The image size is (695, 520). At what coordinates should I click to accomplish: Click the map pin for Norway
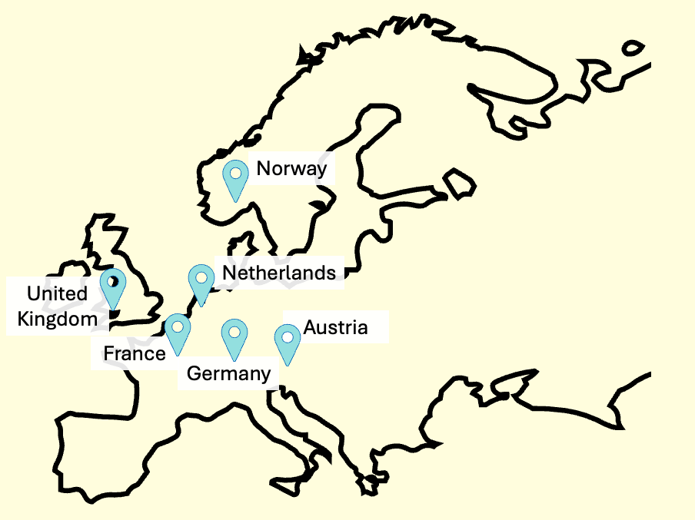tap(235, 176)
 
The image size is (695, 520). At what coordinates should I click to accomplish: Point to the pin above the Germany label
tap(234, 336)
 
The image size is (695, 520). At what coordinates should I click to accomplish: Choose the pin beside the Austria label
tap(288, 339)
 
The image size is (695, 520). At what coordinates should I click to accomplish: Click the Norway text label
tap(291, 169)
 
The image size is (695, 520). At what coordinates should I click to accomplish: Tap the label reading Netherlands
tap(278, 273)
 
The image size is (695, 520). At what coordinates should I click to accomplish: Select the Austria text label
tap(335, 328)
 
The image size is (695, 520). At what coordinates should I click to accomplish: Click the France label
tap(135, 353)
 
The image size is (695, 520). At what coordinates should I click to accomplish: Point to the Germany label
tap(229, 374)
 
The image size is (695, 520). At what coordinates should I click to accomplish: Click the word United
tap(57, 293)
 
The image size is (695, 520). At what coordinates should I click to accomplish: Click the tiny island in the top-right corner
tap(632, 48)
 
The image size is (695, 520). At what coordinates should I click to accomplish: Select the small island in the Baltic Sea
tap(460, 184)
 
